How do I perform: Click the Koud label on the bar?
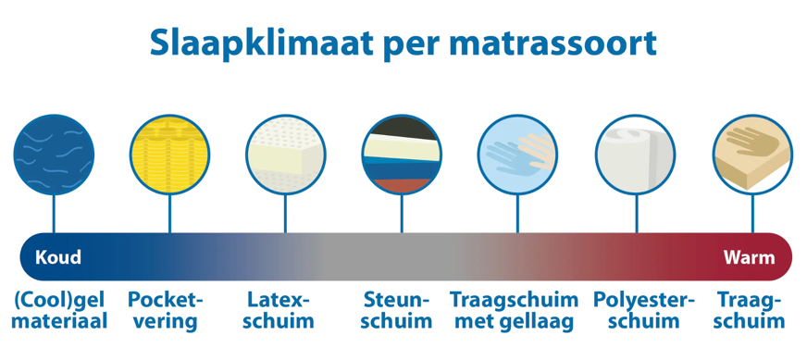[x=58, y=256]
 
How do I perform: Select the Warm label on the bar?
[x=749, y=256]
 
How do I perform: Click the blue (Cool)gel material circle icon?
[x=54, y=154]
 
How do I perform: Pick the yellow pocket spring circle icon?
[x=169, y=154]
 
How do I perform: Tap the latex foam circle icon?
[x=285, y=154]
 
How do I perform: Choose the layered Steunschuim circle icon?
[x=402, y=154]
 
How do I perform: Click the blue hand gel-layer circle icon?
[x=517, y=154]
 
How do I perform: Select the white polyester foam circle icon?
[x=635, y=154]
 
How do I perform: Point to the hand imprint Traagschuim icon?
[x=751, y=154]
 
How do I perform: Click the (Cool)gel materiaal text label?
[x=60, y=311]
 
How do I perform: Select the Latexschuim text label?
[x=280, y=311]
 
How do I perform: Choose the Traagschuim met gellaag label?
[x=514, y=311]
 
